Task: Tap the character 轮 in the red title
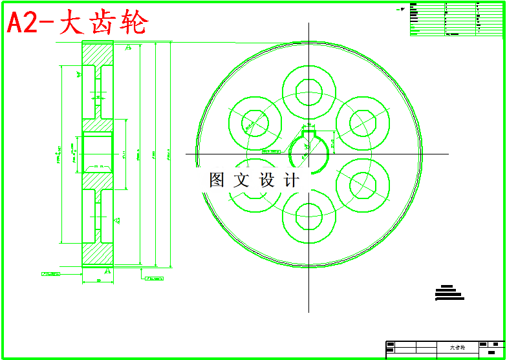[134, 23]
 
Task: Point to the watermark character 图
[217, 180]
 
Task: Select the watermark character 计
[292, 180]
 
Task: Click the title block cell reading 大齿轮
[457, 347]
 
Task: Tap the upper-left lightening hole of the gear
[255, 122]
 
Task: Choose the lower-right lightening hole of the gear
[362, 186]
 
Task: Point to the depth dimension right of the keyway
[333, 142]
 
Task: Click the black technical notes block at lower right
[449, 293]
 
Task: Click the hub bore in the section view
[97, 153]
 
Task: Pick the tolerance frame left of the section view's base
[51, 274]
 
